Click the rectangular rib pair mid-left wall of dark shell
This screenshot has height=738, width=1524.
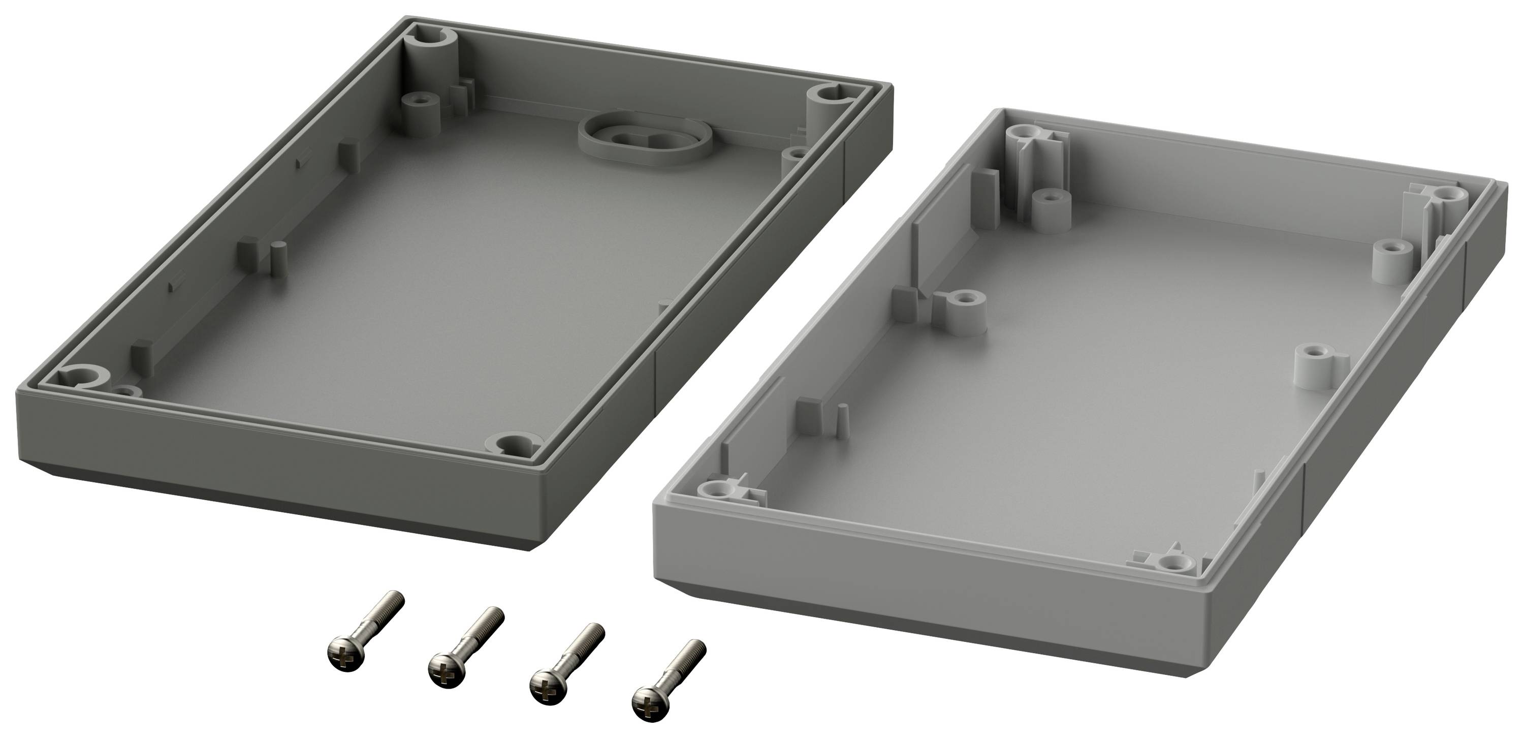point(260,259)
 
